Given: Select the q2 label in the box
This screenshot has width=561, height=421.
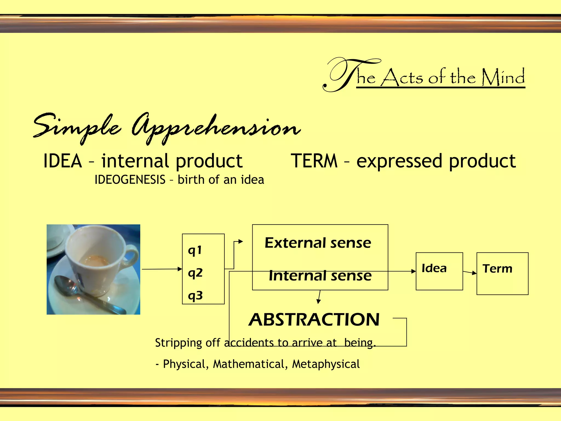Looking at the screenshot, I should pos(195,273).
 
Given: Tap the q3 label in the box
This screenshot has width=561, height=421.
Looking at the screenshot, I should pos(195,296).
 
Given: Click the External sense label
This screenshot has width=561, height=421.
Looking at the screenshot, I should pos(318,243).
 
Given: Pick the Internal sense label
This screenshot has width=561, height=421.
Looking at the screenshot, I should pos(320,276).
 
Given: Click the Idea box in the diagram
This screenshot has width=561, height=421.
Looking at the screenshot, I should pos(439,271).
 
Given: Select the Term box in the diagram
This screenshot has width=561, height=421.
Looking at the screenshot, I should pos(502,273).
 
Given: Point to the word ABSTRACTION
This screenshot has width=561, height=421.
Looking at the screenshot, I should pos(314,320).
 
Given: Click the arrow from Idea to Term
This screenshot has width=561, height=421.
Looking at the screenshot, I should pos(470,272).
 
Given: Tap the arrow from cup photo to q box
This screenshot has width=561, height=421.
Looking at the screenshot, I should pos(162,269).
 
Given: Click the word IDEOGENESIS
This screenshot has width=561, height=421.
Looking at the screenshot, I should pos(130,180).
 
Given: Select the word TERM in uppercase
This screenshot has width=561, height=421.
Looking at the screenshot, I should pos(314,161).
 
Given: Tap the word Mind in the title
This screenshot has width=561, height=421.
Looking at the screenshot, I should pos(503,77).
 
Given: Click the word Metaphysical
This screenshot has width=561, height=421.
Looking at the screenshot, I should pos(326,364).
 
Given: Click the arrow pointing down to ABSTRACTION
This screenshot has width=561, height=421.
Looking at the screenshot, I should pos(319,297).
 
